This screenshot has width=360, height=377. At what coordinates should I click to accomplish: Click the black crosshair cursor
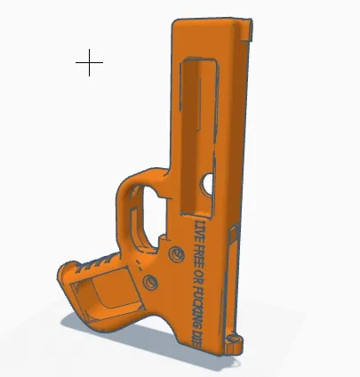pyautogui.click(x=89, y=63)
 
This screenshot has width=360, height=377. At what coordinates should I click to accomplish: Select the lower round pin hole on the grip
pyautogui.click(x=149, y=283)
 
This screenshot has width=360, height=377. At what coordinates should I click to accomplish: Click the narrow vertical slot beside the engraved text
pyautogui.click(x=230, y=285)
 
